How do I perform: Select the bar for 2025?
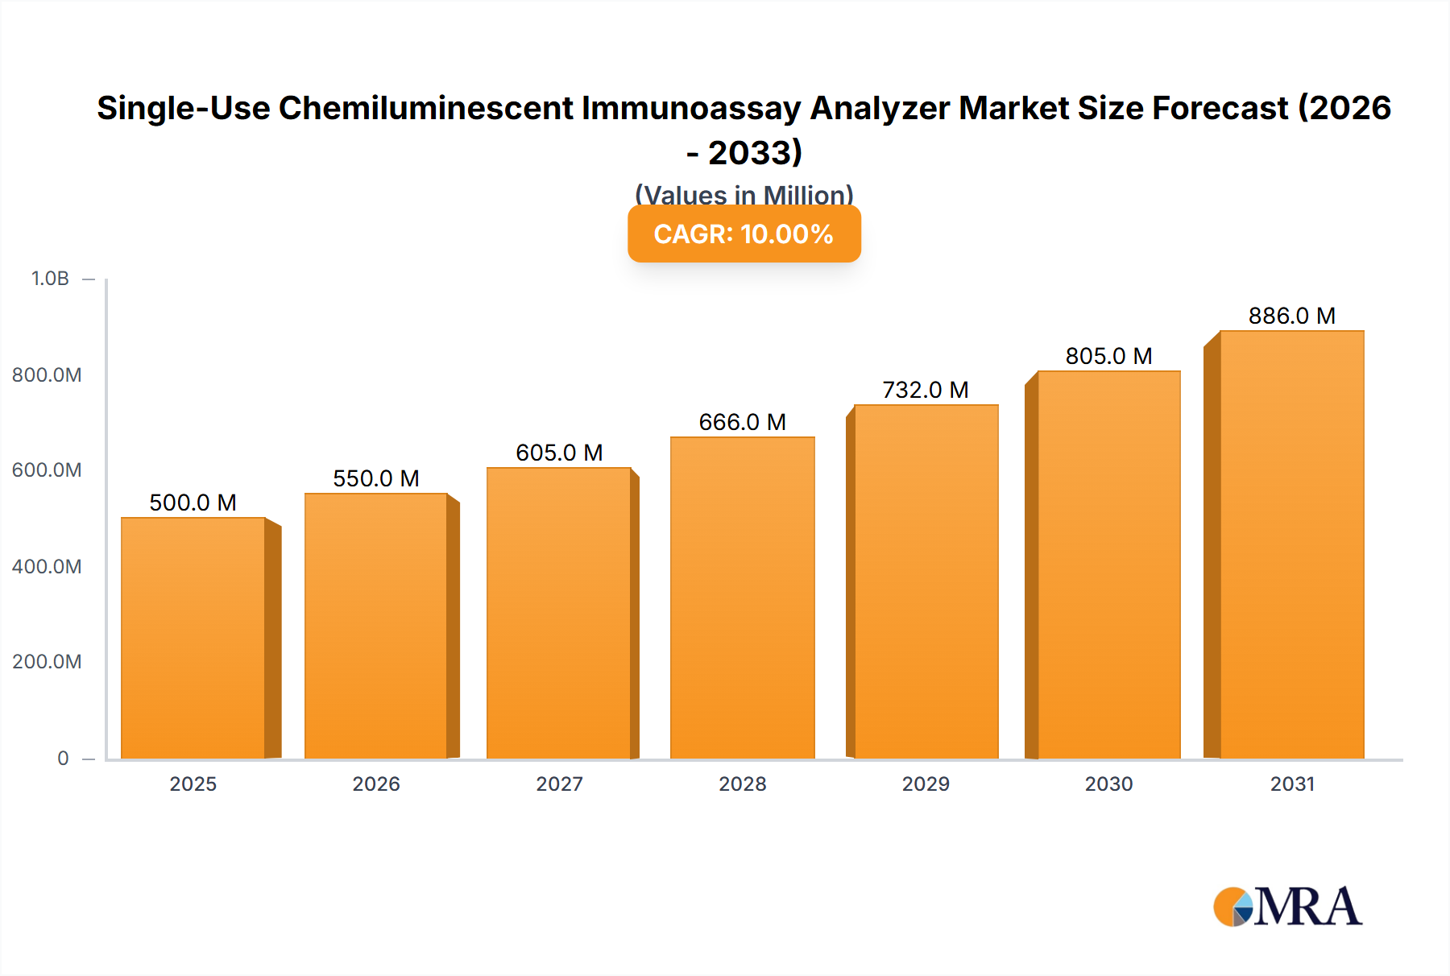pos(193,638)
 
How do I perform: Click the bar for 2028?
pos(742,598)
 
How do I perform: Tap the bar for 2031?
pos(1291,544)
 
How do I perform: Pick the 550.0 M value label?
pos(376,478)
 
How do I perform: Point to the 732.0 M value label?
pos(926,390)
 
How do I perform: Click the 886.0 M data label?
pos(1291,316)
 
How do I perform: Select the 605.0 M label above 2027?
pos(559,453)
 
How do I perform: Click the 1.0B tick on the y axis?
pos(50,279)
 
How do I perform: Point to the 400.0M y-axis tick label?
pos(47,567)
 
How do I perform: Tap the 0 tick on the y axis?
pos(63,759)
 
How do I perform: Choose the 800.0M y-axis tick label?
pos(47,375)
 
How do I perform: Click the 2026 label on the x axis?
pos(376,784)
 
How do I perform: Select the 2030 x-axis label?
pos(1108,784)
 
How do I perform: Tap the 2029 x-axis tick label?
pos(926,784)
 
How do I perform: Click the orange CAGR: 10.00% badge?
pos(744,234)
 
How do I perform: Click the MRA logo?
pos(1287,907)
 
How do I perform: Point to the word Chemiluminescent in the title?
pos(426,108)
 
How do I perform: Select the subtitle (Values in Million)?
pos(744,194)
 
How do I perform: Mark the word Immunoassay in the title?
pos(691,108)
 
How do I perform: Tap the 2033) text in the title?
pos(755,153)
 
